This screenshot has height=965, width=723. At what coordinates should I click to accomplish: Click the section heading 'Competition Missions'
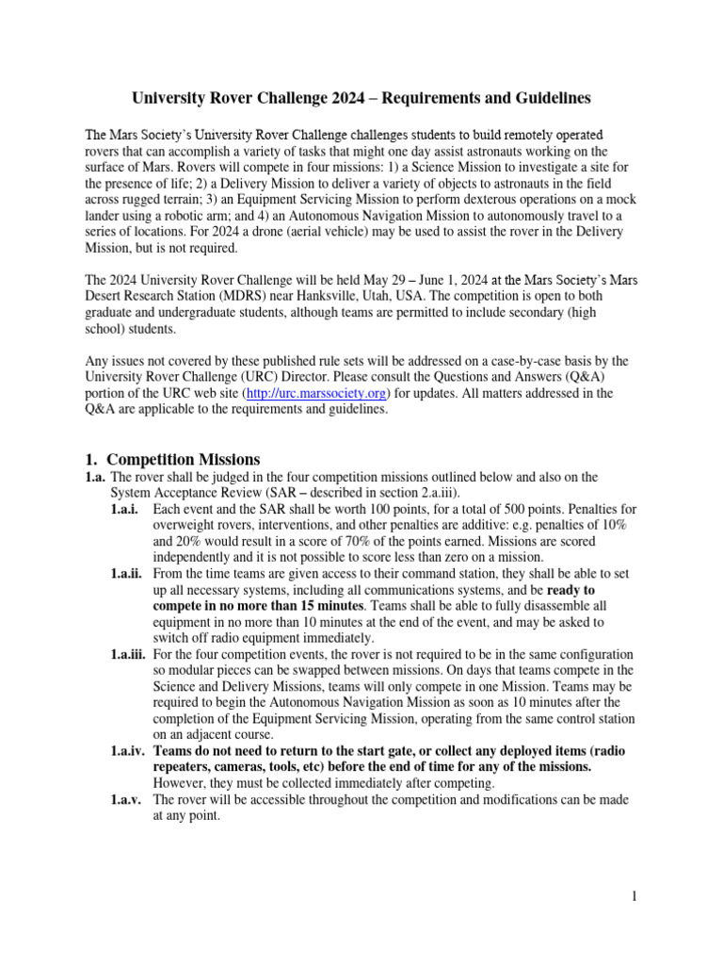182,459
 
